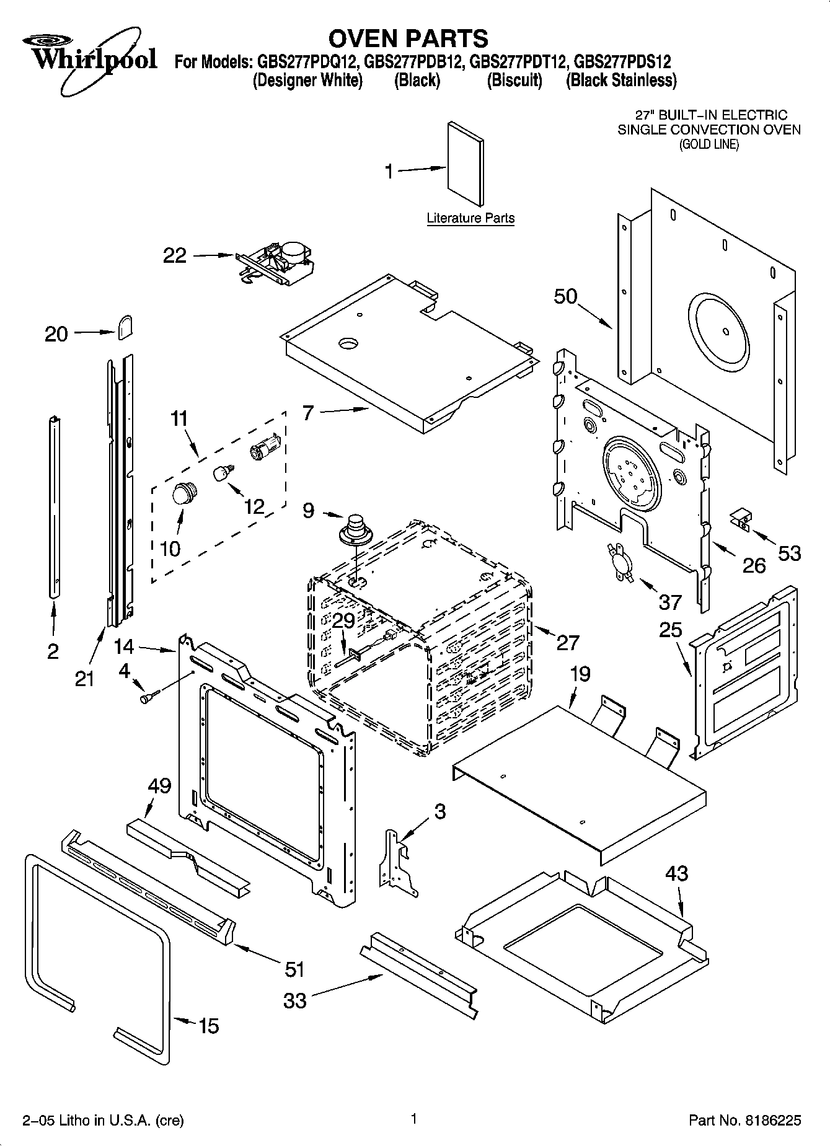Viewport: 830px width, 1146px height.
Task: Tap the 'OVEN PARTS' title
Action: (408, 38)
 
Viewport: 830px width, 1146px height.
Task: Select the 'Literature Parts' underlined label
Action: (470, 218)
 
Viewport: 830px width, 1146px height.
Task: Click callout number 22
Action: (175, 255)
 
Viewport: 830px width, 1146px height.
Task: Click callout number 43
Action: (676, 873)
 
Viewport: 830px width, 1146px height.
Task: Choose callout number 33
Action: (295, 1000)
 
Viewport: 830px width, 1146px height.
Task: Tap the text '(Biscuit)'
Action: (514, 81)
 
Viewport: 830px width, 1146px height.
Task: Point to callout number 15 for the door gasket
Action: (208, 1026)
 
